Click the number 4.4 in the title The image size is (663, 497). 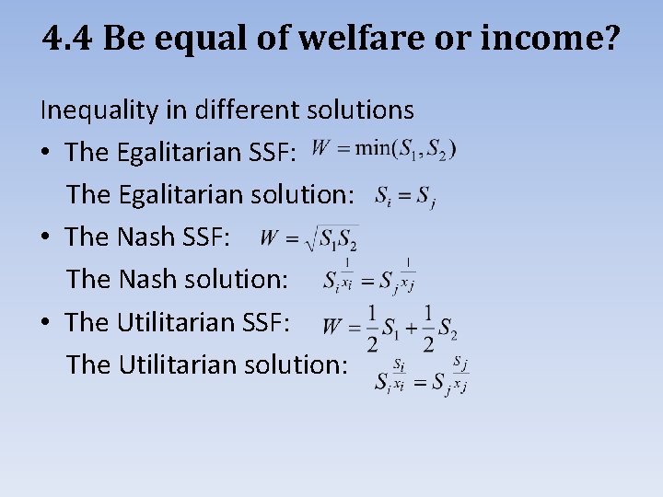(68, 39)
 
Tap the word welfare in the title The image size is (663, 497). (354, 39)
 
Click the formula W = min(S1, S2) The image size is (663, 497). (383, 148)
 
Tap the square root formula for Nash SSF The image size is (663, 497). (308, 237)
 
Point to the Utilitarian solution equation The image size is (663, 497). (422, 374)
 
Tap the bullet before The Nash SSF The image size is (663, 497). (46, 238)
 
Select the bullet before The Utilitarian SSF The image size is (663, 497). (46, 323)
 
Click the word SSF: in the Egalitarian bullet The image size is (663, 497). (272, 153)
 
